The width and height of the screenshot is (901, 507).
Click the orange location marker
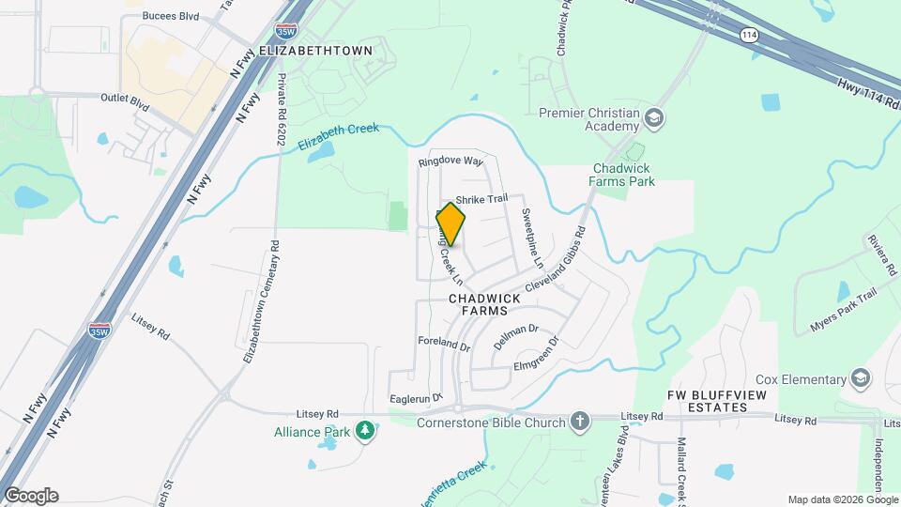pyautogui.click(x=450, y=224)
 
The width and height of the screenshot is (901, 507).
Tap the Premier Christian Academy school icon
pyautogui.click(x=654, y=117)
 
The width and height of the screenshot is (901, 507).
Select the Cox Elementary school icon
pyautogui.click(x=861, y=378)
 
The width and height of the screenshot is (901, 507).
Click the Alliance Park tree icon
pyautogui.click(x=364, y=431)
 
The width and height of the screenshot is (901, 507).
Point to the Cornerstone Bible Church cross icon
pyautogui.click(x=580, y=422)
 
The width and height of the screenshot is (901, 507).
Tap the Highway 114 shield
pyautogui.click(x=748, y=35)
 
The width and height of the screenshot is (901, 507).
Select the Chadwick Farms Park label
pyautogui.click(x=621, y=175)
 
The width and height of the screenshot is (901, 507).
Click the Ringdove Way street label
pyautogui.click(x=450, y=161)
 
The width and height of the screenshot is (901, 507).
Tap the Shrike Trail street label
pyautogui.click(x=481, y=198)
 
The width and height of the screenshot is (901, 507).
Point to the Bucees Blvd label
pyautogui.click(x=171, y=16)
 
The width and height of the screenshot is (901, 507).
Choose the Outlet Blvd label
pyautogui.click(x=125, y=98)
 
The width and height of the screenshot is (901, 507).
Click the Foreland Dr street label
pyautogui.click(x=444, y=345)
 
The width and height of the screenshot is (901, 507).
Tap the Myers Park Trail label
pyautogui.click(x=842, y=311)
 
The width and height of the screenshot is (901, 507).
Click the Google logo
pyautogui.click(x=31, y=495)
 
